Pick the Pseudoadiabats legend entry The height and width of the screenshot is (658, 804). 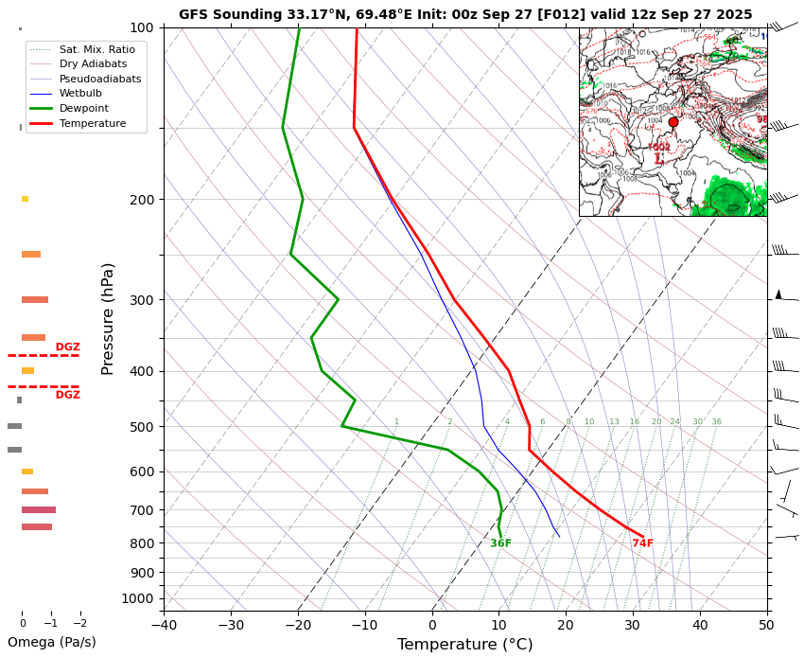point(100,79)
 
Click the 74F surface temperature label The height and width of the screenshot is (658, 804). point(643,543)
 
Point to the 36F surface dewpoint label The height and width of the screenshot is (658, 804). point(501,543)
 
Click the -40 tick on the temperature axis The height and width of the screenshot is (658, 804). point(164,625)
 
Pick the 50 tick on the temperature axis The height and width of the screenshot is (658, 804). point(767,625)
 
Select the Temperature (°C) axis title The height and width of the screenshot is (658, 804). point(464,645)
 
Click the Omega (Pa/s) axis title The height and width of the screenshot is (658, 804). point(51,643)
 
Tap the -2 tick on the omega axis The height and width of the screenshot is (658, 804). point(79,623)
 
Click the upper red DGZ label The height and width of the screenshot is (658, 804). point(68,347)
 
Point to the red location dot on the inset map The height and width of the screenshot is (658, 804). point(673,122)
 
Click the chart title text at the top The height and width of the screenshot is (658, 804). point(465,14)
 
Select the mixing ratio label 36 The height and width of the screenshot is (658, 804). point(716,422)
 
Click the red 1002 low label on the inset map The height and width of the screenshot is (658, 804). point(659,148)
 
